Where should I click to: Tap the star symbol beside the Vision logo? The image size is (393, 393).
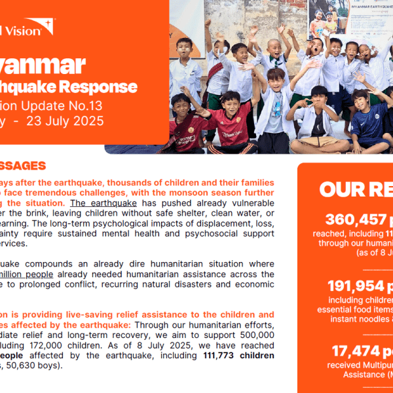[x=48, y=28]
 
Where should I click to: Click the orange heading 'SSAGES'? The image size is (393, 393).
[x=22, y=166]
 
